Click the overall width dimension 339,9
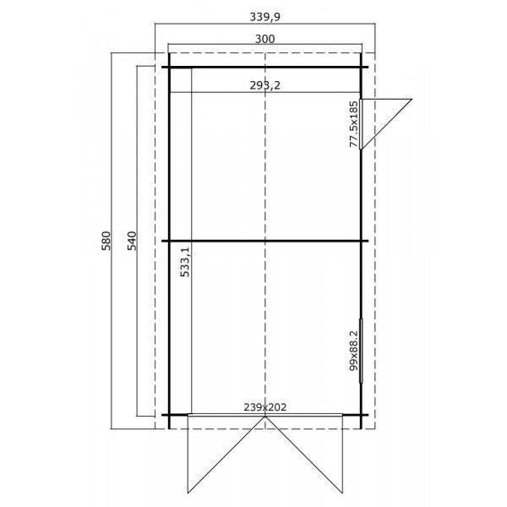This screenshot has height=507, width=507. tap(265, 14)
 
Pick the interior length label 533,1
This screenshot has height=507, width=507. tap(184, 259)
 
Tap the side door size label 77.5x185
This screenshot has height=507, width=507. tap(353, 124)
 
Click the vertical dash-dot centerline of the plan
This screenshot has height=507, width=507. tap(265, 169)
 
